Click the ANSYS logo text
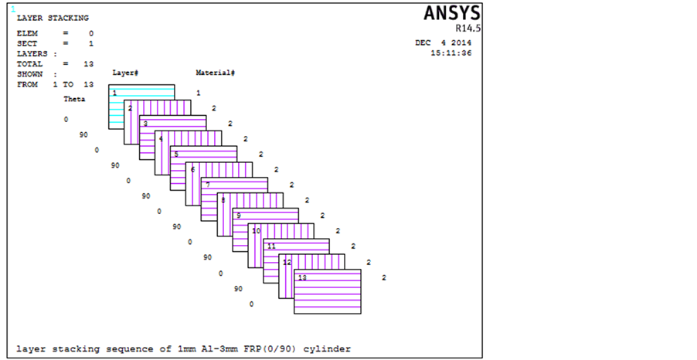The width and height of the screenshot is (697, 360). point(452,14)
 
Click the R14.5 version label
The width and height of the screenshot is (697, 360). point(467,28)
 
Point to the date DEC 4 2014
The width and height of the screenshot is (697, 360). point(443,43)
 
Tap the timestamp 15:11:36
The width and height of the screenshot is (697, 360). point(451,53)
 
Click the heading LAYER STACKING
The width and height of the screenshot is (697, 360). point(53,18)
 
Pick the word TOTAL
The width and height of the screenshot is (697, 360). point(29,64)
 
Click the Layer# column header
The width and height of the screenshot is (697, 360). point(125,73)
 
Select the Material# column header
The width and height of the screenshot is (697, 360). point(216,73)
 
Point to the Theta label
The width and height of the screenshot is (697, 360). point(74,99)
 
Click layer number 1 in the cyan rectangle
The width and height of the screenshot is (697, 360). point(114,93)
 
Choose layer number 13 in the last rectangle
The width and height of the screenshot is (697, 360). point(302,277)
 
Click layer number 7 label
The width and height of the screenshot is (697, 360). point(207,185)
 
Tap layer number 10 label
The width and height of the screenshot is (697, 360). point(256,231)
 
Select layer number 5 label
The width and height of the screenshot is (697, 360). point(176,155)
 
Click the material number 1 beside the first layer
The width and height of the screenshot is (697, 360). point(198,93)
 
